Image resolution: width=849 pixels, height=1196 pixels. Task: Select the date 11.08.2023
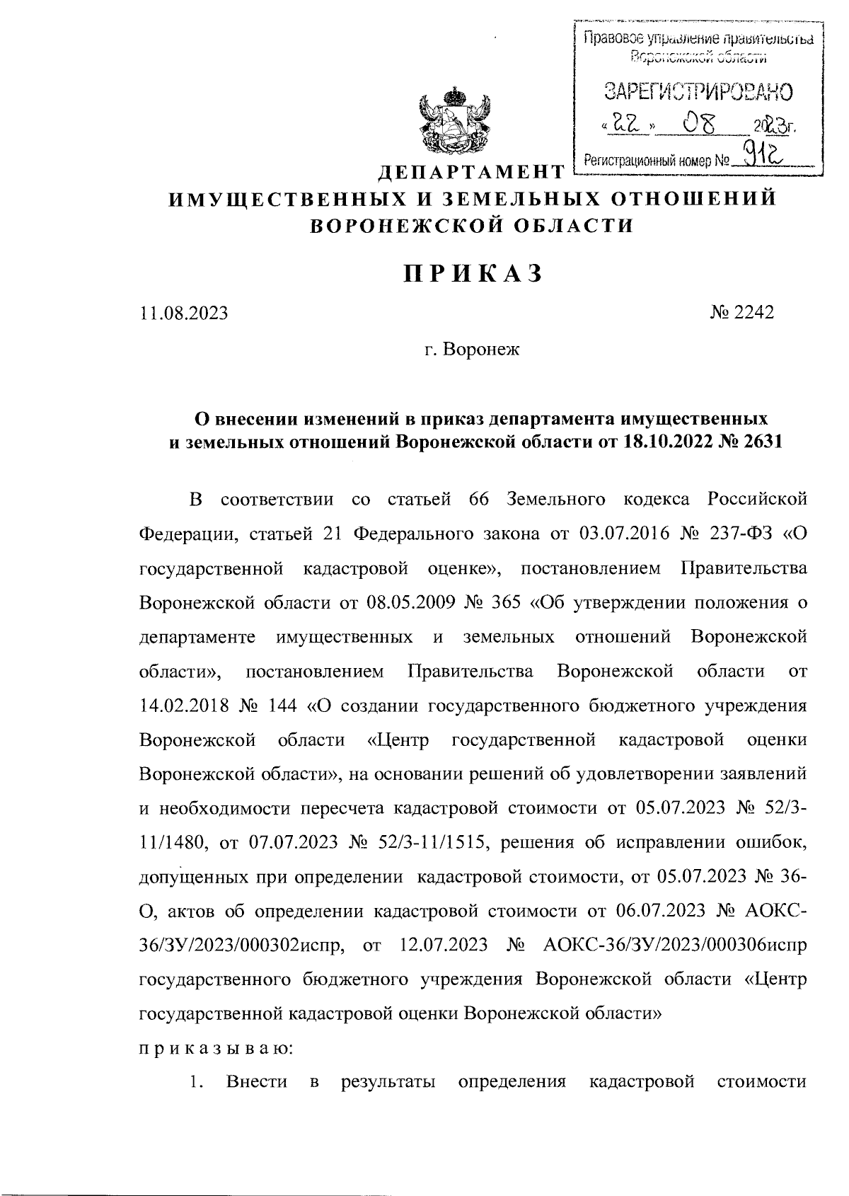[x=184, y=313]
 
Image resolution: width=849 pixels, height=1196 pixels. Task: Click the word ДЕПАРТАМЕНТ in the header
[x=470, y=172]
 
